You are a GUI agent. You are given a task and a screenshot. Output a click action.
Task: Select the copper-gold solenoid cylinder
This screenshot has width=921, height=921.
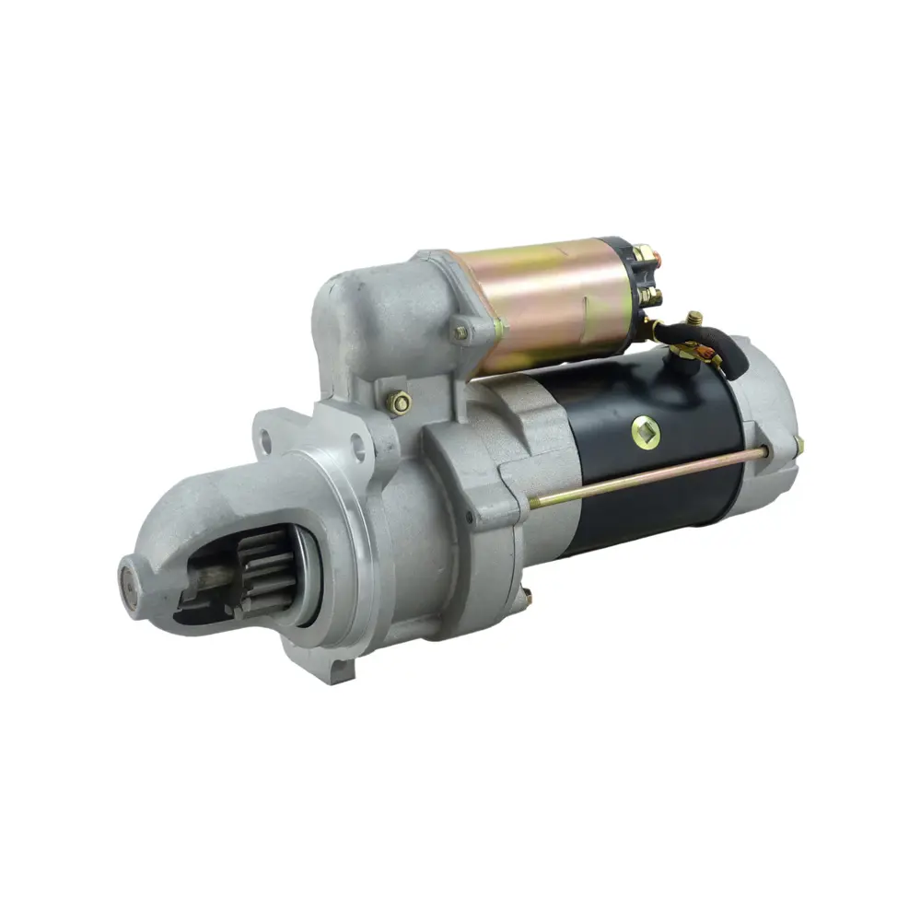click(543, 304)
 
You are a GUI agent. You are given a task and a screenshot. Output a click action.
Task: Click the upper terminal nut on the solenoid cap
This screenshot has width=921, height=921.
click(644, 252)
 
